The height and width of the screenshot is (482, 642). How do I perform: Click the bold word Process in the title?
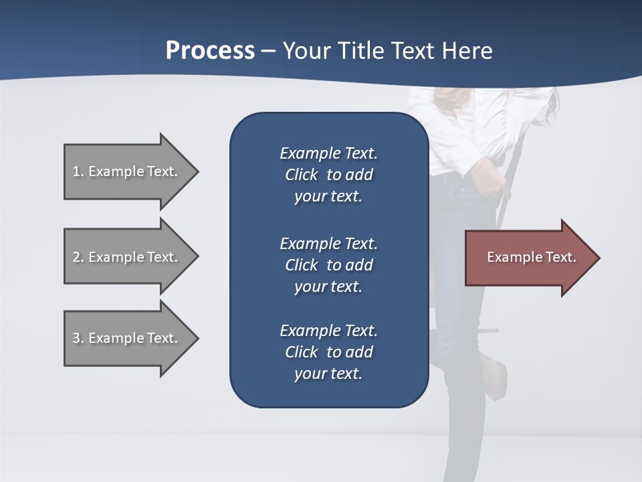[210, 51]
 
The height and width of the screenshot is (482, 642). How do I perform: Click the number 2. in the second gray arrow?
[78, 257]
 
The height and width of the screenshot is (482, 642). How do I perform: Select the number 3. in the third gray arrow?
[78, 338]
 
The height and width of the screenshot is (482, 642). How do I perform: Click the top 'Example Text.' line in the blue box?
[328, 153]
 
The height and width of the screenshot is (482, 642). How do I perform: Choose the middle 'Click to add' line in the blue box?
[328, 265]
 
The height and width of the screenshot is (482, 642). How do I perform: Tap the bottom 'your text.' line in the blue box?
[328, 374]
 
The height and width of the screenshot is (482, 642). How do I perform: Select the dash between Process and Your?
[269, 51]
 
